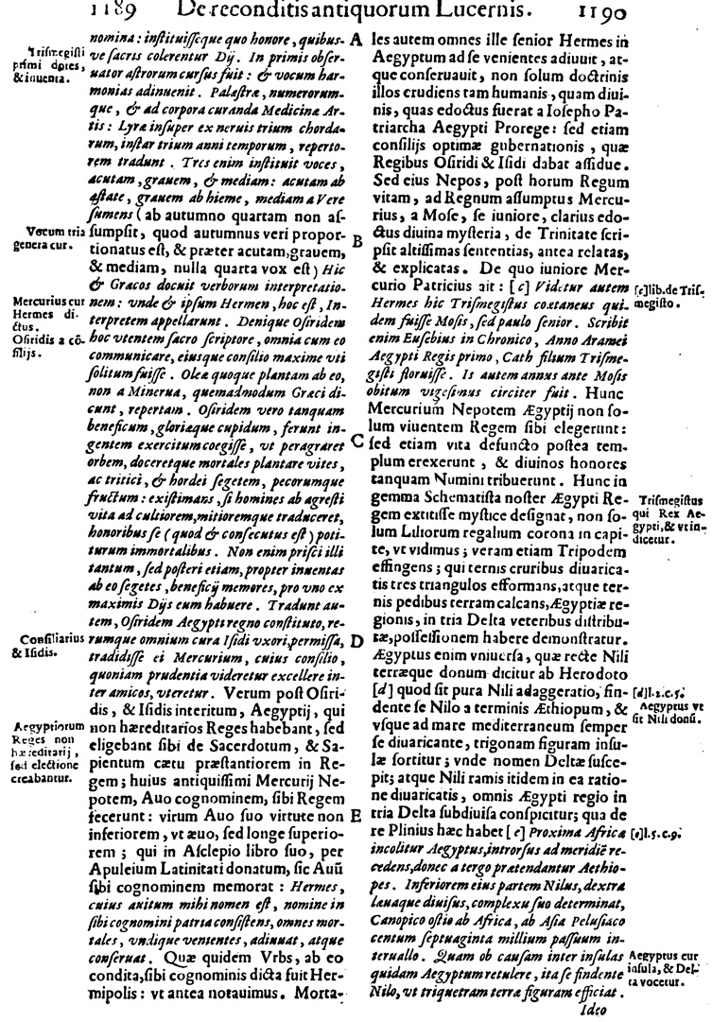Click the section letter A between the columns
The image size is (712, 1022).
click(356, 41)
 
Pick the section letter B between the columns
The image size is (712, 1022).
click(357, 241)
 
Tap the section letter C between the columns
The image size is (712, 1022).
click(356, 440)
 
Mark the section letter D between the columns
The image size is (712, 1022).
click(356, 640)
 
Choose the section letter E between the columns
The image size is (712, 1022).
click(356, 814)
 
